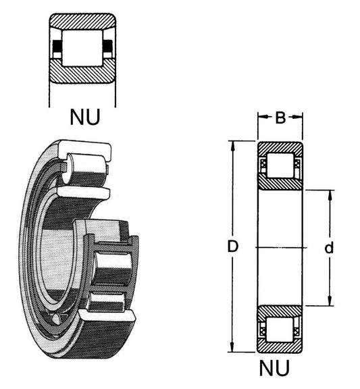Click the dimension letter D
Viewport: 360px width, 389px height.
point(232,247)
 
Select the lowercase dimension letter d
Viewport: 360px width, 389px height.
point(329,247)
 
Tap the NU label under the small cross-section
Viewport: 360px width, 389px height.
point(85,117)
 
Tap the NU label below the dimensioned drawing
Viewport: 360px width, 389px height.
point(274,368)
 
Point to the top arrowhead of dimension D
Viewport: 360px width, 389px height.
point(232,147)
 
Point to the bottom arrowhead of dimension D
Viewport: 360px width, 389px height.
point(232,346)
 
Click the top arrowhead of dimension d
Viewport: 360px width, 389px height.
point(330,195)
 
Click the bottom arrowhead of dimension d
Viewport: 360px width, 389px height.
point(330,301)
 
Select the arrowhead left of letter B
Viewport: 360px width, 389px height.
point(263,117)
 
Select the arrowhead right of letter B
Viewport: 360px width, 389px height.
point(297,117)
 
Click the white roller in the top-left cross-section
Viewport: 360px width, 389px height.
point(82,48)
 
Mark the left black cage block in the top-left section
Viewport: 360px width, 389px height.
point(57,46)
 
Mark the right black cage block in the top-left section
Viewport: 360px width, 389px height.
point(108,46)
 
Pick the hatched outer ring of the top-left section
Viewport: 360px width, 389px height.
point(82,22)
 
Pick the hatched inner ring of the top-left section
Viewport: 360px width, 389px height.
point(82,72)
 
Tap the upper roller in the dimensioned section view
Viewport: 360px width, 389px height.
point(280,165)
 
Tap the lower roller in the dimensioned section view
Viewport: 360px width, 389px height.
point(280,329)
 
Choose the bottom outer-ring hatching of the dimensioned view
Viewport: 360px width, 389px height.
point(280,346)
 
